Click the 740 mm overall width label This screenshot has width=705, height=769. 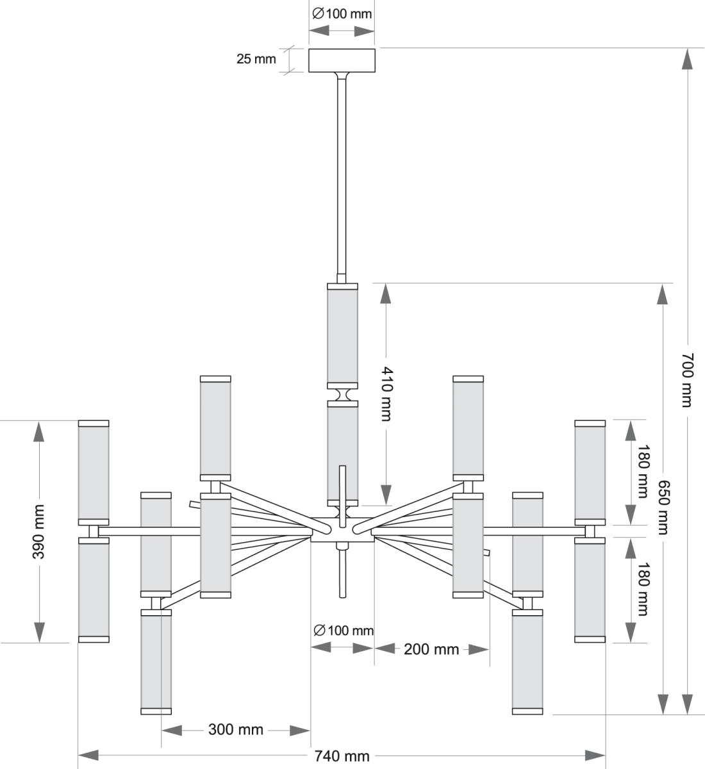pyautogui.click(x=342, y=756)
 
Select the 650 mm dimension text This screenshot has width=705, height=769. pyautogui.click(x=663, y=508)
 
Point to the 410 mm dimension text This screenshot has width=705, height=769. pyautogui.click(x=386, y=393)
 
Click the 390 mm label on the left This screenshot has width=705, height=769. pyautogui.click(x=38, y=531)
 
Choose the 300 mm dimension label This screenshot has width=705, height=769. pyautogui.click(x=235, y=730)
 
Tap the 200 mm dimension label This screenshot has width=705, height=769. pyautogui.click(x=431, y=649)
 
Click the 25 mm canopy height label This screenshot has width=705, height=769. pyautogui.click(x=256, y=60)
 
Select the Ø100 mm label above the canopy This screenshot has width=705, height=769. pyautogui.click(x=342, y=13)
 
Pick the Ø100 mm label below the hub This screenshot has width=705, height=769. pyautogui.click(x=343, y=631)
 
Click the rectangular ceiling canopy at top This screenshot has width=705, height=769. pyautogui.click(x=342, y=60)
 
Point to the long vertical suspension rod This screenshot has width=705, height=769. pyautogui.click(x=342, y=179)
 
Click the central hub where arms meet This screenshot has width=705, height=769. pyautogui.click(x=342, y=531)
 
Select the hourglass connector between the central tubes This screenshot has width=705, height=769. pyautogui.click(x=342, y=393)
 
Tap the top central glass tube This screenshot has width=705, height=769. pyautogui.click(x=342, y=336)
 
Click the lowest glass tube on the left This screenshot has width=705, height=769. pyautogui.click(x=156, y=662)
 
